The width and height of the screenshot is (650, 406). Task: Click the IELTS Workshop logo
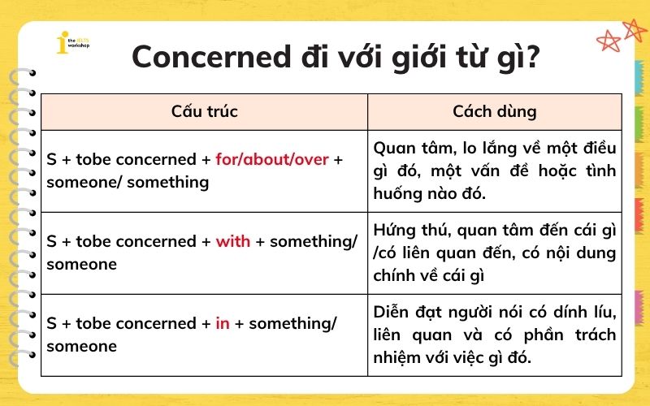coord(71,43)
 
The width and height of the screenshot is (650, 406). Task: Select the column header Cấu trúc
coord(204,111)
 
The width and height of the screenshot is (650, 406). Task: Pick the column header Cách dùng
coord(495,111)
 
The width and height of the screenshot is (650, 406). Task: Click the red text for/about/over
coord(272,159)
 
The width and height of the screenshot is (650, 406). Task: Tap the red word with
coord(233,241)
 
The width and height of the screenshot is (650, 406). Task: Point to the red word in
coord(223,323)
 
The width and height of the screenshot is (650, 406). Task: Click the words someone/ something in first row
coord(128,182)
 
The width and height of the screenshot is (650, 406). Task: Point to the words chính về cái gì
coord(428,276)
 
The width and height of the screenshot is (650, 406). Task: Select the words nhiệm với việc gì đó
coord(452,358)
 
